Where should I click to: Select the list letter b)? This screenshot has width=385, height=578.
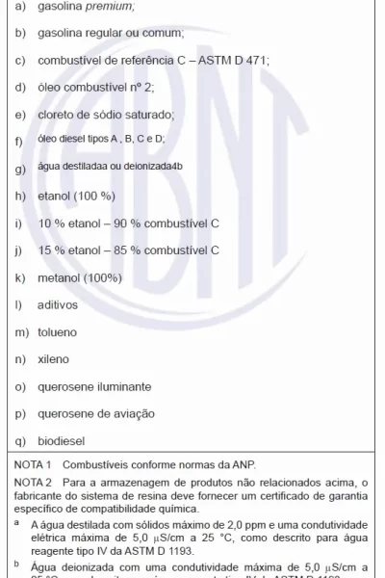(x=19, y=33)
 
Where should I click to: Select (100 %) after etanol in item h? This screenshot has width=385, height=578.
(x=93, y=196)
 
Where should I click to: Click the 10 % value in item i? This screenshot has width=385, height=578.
(x=50, y=223)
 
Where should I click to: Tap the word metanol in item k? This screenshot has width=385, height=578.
(x=60, y=277)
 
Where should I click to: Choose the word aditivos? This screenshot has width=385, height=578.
(x=60, y=304)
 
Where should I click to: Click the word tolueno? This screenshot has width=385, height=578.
(x=59, y=332)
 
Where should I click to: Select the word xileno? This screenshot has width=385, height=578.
(x=54, y=359)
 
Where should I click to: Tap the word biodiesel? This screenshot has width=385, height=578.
(x=62, y=440)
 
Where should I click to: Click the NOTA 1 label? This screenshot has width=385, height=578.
(x=33, y=464)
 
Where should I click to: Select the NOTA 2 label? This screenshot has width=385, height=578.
(x=33, y=482)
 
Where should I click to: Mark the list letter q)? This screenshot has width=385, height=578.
(x=19, y=440)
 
